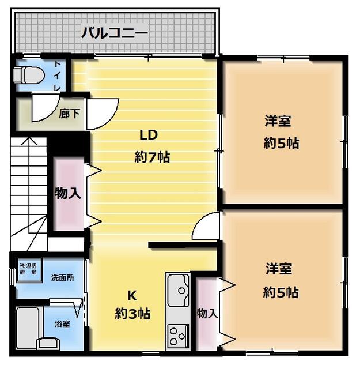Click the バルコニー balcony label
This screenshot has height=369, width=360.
pyautogui.click(x=114, y=32)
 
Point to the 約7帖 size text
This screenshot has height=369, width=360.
pyautogui.click(x=152, y=157)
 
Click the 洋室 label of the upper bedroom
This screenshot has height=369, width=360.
pyautogui.click(x=278, y=122)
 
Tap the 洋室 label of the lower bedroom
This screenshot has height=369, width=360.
pyautogui.click(x=278, y=269)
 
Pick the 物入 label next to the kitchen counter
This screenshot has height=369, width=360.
pyautogui.click(x=207, y=313)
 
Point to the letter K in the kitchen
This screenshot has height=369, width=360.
pyautogui.click(x=132, y=295)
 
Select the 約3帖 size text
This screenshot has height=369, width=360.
pyautogui.click(x=132, y=314)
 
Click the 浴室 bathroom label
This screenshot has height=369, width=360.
pyautogui.click(x=62, y=323)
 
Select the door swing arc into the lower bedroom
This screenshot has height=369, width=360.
pyautogui.click(x=206, y=226)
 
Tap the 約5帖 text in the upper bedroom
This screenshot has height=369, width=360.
pyautogui.click(x=281, y=144)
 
